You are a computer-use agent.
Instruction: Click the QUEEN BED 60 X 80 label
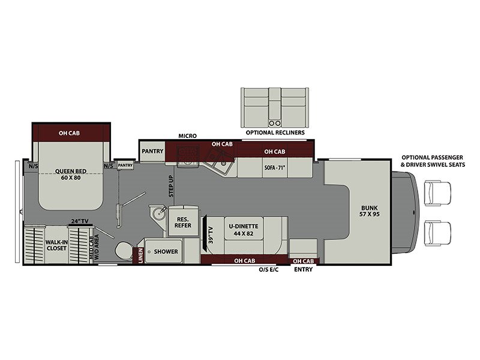tap(71, 175)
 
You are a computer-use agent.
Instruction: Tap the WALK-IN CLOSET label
tap(56, 245)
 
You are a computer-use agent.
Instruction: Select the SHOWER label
tap(166, 251)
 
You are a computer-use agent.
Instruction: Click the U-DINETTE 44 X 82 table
tap(244, 230)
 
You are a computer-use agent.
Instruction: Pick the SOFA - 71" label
tap(275, 168)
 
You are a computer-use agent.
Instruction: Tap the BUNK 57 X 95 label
tap(369, 211)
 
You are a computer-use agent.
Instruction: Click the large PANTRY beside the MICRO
tap(152, 151)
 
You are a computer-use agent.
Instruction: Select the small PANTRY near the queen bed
tap(125, 166)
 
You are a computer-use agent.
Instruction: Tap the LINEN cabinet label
tap(140, 256)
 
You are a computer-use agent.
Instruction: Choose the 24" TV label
tap(80, 221)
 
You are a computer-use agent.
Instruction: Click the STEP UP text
tap(171, 186)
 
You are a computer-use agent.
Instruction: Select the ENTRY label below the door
tap(304, 269)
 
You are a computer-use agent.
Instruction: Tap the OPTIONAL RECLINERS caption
tap(275, 133)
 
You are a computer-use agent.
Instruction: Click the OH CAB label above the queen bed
tap(69, 133)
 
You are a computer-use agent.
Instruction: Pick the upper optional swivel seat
tap(437, 193)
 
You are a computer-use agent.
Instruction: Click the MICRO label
tap(188, 136)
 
